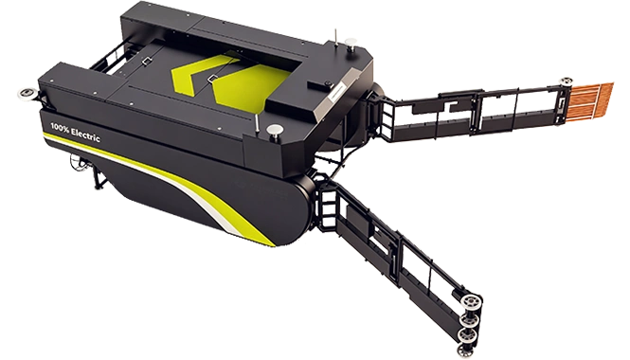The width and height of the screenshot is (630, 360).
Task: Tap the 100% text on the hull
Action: click(x=59, y=127)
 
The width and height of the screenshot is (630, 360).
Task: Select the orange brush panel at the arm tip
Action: click(x=591, y=99)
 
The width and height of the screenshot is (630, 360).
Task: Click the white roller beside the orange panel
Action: click(x=567, y=81)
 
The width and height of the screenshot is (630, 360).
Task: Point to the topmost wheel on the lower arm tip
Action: click(x=469, y=301)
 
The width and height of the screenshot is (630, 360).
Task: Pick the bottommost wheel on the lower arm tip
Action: click(x=465, y=350)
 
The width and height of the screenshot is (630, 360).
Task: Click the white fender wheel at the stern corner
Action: click(x=27, y=93)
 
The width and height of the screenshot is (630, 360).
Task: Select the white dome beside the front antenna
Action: click(x=275, y=131)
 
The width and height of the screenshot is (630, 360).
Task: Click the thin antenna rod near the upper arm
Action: click(x=336, y=37)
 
